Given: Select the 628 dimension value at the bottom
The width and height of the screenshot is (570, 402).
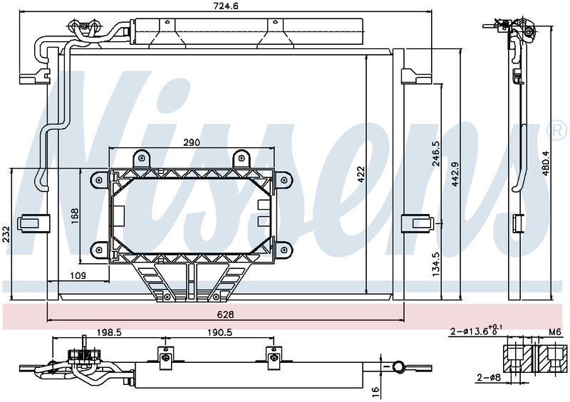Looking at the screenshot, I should pos(225,314).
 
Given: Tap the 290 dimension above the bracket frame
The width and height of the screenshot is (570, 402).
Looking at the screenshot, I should pos(191,143).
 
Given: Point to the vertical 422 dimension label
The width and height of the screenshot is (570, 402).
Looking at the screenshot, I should pos(361,172).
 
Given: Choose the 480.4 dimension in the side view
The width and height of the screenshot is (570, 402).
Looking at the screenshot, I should pos(546,163).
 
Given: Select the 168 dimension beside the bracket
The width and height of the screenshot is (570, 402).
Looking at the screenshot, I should pos(75,216).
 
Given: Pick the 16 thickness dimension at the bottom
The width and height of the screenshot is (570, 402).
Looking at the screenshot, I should pos(374,390).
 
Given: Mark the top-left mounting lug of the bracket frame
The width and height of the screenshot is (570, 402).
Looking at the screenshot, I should pos(98,181).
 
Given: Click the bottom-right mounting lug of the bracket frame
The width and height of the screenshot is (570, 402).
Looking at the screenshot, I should pos(283,249).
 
